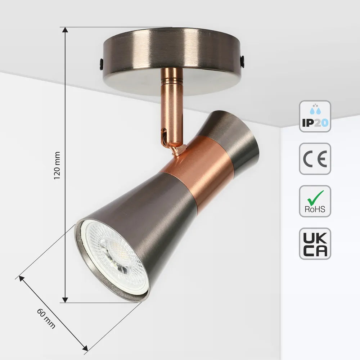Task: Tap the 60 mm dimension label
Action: pyautogui.click(x=46, y=318)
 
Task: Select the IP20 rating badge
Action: pyautogui.click(x=315, y=116)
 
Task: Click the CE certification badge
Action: pyautogui.click(x=315, y=159)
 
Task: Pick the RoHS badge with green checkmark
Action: pyautogui.click(x=315, y=201)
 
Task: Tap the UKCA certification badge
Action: pyautogui.click(x=315, y=244)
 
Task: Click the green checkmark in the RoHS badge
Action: pyautogui.click(x=316, y=197)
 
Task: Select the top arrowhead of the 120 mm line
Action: pyautogui.click(x=65, y=30)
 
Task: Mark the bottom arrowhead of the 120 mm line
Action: pyautogui.click(x=65, y=300)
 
